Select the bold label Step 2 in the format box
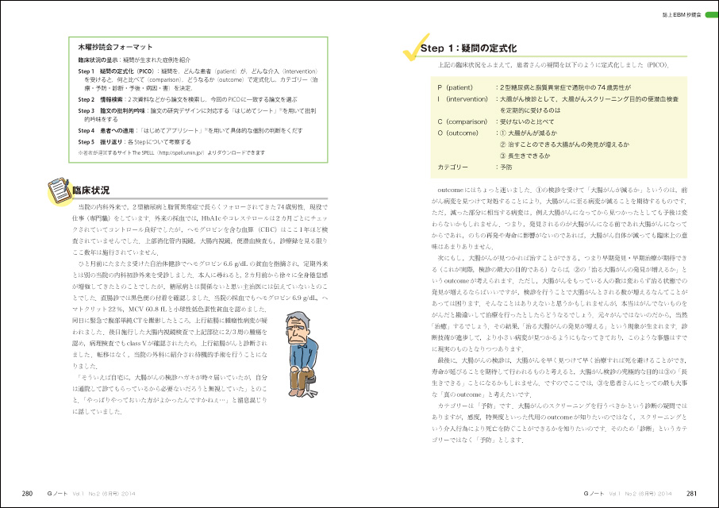point(87,99)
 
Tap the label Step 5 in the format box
point(87,140)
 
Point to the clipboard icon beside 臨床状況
point(57,190)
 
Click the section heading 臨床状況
point(90,191)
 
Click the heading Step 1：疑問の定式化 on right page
point(468,48)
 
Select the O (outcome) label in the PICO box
point(456,133)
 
